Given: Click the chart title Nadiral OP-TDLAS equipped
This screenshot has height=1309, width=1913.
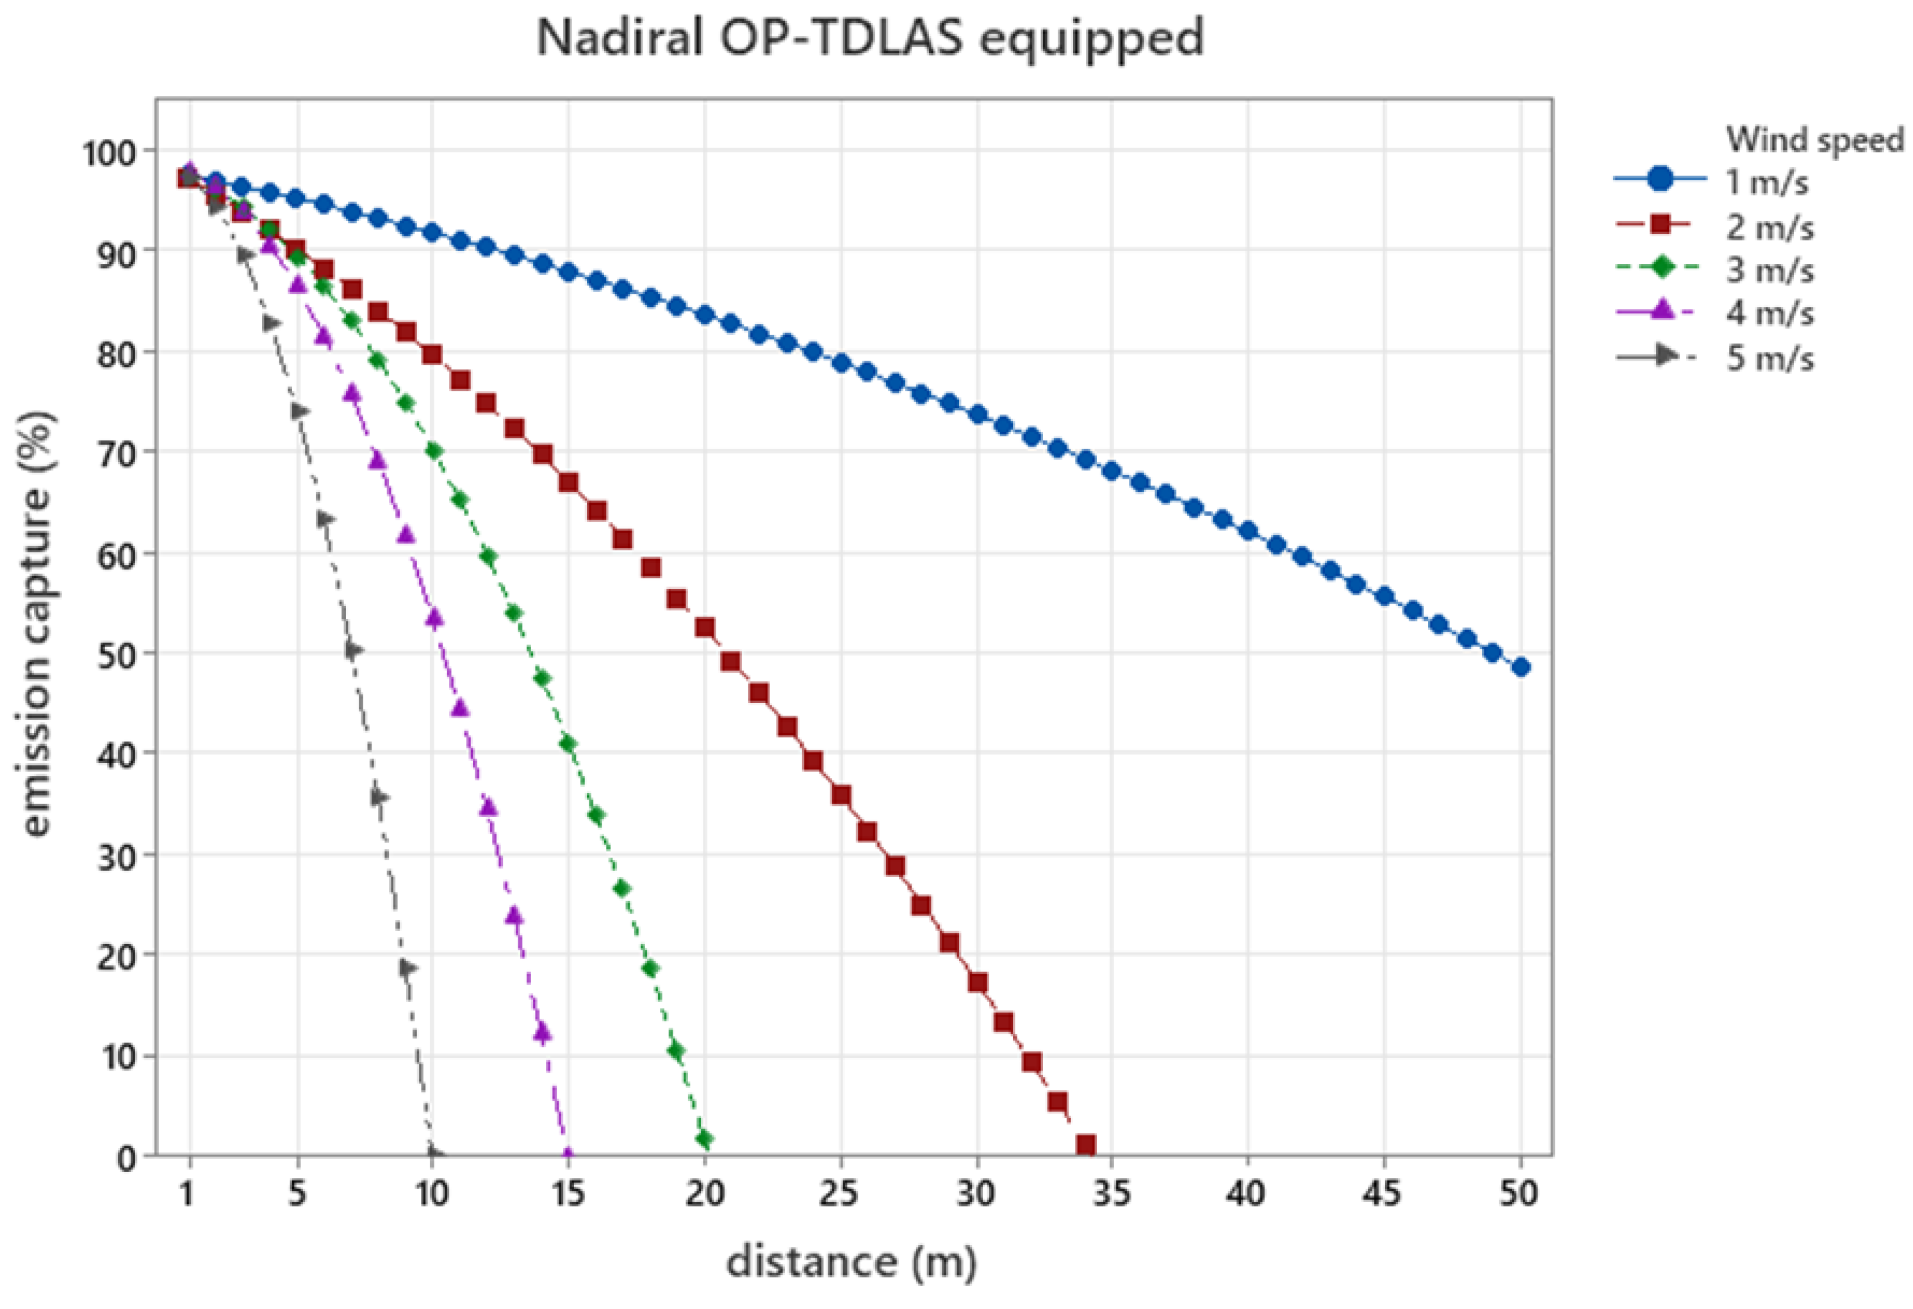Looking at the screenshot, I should (x=870, y=38).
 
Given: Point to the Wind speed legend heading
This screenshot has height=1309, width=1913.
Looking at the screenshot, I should (x=1815, y=139).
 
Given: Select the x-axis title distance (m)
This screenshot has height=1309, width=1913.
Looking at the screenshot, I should (x=851, y=1261).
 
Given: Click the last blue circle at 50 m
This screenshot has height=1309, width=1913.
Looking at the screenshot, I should (x=1520, y=668).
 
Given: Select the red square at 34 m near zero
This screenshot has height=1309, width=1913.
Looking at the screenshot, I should (x=1086, y=1144).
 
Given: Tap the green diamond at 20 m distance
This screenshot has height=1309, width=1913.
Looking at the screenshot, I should (x=704, y=1139).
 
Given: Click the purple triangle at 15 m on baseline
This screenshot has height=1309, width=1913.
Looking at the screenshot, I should (x=567, y=1154).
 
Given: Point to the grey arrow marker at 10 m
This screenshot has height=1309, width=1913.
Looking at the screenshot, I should (x=434, y=1154).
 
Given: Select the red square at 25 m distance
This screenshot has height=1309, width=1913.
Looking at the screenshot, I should (x=841, y=795).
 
